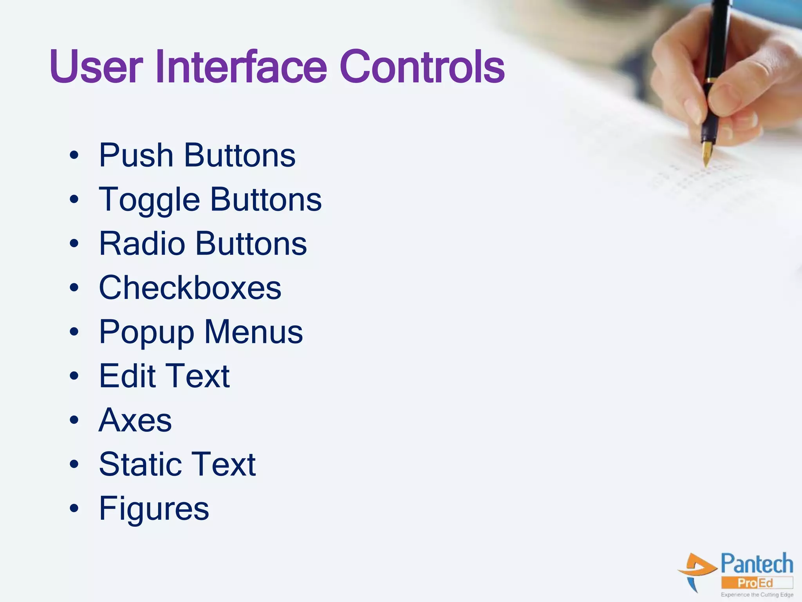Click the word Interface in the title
click(241, 67)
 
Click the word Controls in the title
click(422, 67)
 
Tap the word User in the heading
click(96, 67)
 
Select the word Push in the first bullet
click(135, 155)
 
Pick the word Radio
click(142, 243)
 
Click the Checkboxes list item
click(190, 288)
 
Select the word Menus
click(253, 332)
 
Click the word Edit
click(127, 376)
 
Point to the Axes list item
click(135, 420)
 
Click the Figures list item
click(154, 509)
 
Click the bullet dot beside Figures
click(74, 508)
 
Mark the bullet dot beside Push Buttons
click(74, 156)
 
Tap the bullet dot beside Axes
click(74, 420)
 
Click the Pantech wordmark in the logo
click(757, 564)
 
